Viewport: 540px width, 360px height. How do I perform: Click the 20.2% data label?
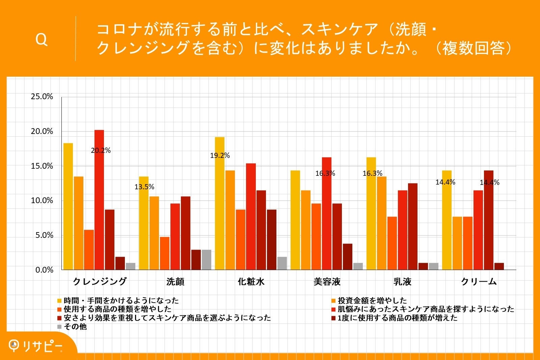tap(101, 151)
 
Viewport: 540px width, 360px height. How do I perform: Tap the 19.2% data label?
tap(220, 156)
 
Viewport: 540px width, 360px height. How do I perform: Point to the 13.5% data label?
tap(144, 187)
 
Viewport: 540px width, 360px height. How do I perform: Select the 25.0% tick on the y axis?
tap(42, 97)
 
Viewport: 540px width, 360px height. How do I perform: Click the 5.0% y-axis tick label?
tap(44, 236)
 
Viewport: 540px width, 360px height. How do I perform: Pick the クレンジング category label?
tap(100, 281)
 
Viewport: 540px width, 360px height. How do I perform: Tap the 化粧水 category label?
tap(251, 281)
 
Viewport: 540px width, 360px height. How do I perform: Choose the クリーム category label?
tap(479, 281)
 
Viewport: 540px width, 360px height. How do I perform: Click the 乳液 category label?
tap(402, 281)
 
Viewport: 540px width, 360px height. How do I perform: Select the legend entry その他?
tap(75, 327)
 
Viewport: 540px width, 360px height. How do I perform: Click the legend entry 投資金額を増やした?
tap(372, 300)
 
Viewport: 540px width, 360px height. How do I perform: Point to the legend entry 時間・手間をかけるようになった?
tap(121, 300)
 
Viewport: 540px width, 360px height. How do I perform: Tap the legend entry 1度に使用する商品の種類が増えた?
tap(398, 318)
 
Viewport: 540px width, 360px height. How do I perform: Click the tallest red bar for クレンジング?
tap(99, 200)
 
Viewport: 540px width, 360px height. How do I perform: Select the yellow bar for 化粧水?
tap(220, 203)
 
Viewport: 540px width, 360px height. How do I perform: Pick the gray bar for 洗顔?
tap(207, 259)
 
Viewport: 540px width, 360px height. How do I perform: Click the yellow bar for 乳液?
tap(371, 213)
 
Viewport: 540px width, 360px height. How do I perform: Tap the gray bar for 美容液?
tap(358, 266)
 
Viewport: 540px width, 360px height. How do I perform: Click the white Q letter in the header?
tap(42, 40)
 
